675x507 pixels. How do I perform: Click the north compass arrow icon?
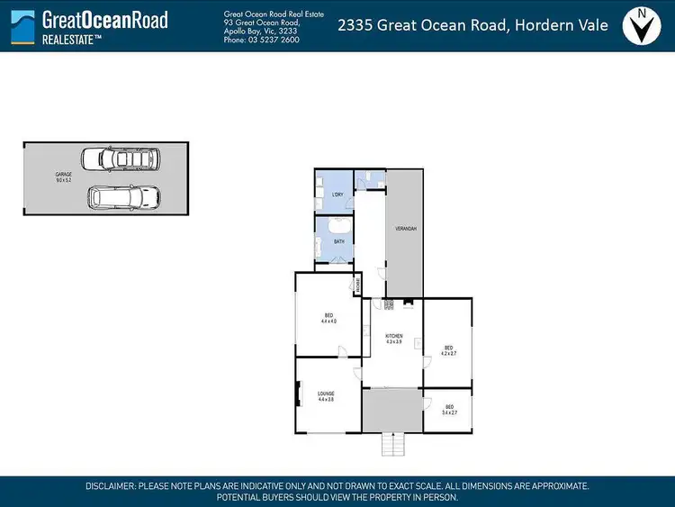641,26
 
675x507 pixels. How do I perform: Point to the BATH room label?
339,241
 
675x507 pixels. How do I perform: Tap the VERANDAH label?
406,230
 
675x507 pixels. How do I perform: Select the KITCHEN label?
392,338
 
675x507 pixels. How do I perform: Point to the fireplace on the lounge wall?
299,394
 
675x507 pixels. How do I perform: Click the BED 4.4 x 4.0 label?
328,319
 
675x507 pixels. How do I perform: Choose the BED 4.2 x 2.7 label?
449,350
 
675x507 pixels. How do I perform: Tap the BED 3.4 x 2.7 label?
449,410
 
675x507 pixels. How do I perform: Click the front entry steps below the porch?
392,444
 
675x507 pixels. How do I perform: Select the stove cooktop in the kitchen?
390,304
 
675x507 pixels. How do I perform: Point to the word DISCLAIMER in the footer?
110,485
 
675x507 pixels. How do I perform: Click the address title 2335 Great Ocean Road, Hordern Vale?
472,25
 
